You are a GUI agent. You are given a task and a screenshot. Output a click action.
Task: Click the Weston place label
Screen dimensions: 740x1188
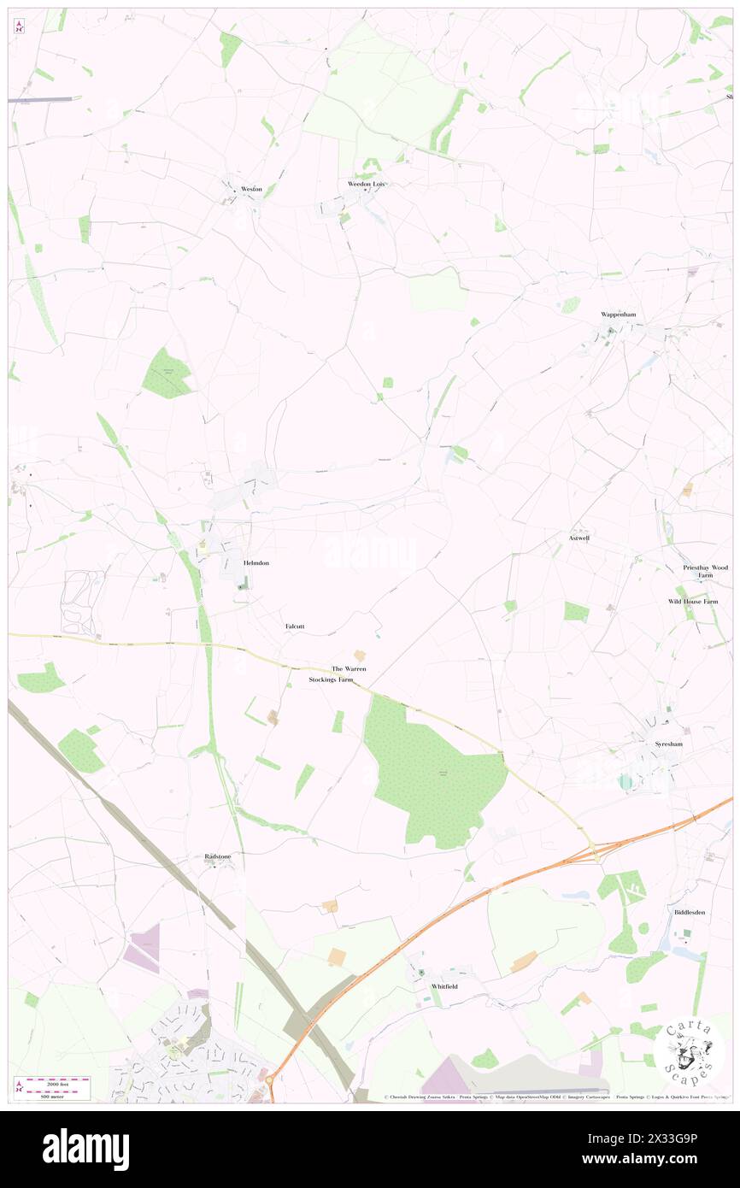[x=251, y=188]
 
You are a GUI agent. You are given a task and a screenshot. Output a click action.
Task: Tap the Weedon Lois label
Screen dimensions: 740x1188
[x=367, y=184]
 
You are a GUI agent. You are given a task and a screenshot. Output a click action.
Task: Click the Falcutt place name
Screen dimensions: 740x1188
[x=295, y=626]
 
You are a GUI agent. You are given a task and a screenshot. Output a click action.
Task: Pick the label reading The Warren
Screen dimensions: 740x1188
[x=349, y=668]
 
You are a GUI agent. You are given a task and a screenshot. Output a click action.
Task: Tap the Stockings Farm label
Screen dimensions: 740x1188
[x=331, y=679]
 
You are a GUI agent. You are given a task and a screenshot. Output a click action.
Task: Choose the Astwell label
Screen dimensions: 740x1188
[x=579, y=538]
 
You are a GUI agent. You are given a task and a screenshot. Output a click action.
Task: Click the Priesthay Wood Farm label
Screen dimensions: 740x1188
[x=705, y=571]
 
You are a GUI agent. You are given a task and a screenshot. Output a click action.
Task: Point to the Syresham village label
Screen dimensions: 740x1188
[x=668, y=744]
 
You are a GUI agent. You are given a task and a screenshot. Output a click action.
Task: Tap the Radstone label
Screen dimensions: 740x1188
[x=218, y=856]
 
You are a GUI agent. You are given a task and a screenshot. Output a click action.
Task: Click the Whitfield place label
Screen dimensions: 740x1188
[x=444, y=986]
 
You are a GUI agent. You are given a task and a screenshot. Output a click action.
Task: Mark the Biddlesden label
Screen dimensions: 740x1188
[x=690, y=912]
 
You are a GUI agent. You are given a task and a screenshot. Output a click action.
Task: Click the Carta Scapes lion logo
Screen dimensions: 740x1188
[x=689, y=1053]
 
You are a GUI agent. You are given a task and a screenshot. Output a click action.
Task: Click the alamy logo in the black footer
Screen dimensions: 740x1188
[x=85, y=1149]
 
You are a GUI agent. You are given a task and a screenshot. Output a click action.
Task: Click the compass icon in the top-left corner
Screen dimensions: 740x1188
[x=20, y=27]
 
